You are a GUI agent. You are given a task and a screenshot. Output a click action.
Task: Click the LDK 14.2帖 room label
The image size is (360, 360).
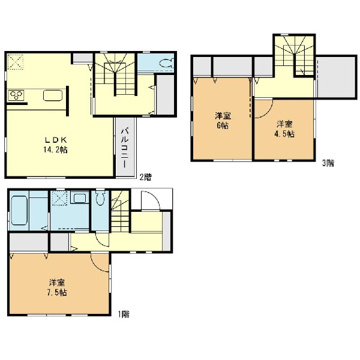coord(56,145)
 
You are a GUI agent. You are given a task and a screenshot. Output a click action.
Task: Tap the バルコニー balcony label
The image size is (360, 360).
coord(125,148)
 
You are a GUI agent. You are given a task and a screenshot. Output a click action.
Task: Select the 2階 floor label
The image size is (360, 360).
coord(146,177)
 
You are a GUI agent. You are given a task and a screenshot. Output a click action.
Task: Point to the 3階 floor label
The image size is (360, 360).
coord(328,163)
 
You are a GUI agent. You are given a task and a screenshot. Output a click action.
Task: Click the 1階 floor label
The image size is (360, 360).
coord(124,314)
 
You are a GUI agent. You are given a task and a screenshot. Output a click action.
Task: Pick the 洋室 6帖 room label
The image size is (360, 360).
coord(223,121)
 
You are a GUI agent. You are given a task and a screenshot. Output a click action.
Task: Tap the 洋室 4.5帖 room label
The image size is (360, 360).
coord(284,129)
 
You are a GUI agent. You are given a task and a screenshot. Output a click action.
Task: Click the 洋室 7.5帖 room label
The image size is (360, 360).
coord(57,287)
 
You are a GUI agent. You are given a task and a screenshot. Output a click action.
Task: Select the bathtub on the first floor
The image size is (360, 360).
coord(19,210)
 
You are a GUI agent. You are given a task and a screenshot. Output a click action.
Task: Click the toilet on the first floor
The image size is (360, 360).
coord(100,197)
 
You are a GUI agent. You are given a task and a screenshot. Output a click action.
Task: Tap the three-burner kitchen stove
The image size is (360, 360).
coord(16,95)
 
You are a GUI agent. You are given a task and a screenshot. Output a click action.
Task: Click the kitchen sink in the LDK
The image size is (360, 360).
coord(53,95)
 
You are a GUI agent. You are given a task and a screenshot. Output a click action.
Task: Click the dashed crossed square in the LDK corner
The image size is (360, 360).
coord(16,62)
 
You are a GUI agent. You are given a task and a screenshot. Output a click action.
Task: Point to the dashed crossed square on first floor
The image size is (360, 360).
coord(59,198)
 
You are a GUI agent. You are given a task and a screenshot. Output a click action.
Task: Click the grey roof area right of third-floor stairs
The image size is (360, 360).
coord(336,77)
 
